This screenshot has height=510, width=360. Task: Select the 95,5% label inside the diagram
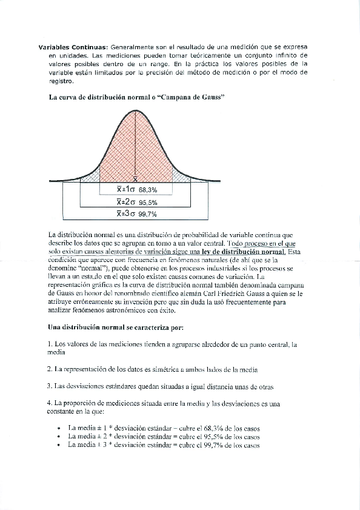pos(148,202)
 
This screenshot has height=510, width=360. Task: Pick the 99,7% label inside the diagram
pos(148,214)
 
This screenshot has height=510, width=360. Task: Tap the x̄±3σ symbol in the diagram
pos(127,213)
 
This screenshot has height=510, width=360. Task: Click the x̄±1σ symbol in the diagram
pos(126,189)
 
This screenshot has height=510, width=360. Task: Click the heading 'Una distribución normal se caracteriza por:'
pos(115,328)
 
